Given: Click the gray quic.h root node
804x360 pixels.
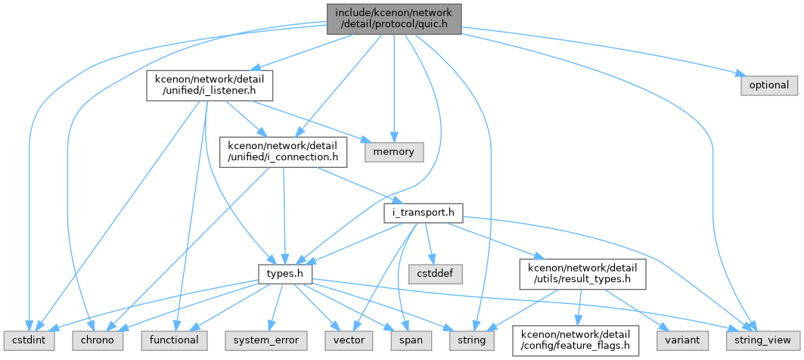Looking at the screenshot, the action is pyautogui.click(x=394, y=19).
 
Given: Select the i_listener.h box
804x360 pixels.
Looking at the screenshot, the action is pyautogui.click(x=210, y=85).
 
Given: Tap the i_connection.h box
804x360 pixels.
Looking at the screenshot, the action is pyautogui.click(x=283, y=151).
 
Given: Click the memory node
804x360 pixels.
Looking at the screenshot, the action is pyautogui.click(x=394, y=152).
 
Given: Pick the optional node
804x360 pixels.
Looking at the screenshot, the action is pyautogui.click(x=769, y=85).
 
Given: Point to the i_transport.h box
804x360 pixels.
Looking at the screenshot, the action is pyautogui.click(x=424, y=213).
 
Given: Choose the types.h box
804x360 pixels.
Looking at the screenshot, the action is pyautogui.click(x=284, y=275).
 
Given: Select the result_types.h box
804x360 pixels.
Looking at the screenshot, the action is pyautogui.click(x=582, y=275).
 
